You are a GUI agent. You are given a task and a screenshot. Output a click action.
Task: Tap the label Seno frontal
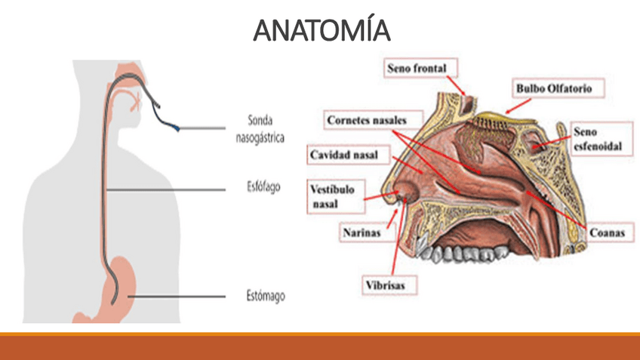pyautogui.click(x=417, y=69)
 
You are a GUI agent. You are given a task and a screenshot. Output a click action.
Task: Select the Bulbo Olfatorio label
pyautogui.click(x=549, y=88)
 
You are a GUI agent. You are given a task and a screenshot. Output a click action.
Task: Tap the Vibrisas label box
pyautogui.click(x=387, y=286)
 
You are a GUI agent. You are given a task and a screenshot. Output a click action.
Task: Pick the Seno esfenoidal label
pyautogui.click(x=598, y=139)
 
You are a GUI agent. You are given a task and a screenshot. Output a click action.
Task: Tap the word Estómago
pyautogui.click(x=266, y=297)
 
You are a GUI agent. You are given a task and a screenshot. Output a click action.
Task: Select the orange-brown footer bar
pyautogui.click(x=320, y=347)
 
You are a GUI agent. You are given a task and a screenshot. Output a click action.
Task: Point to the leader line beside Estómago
pyautogui.click(x=181, y=297)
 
